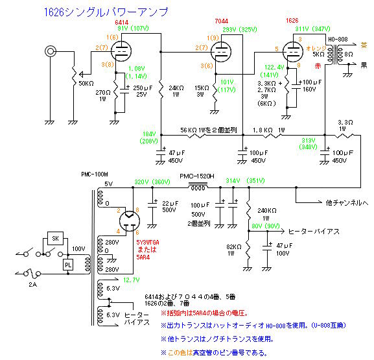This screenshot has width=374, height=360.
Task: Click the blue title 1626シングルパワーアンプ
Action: (x=106, y=12)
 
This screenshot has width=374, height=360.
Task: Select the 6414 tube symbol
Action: (x=121, y=51)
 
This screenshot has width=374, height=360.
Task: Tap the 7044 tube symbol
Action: (x=221, y=52)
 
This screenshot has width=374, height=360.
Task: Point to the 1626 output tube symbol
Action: (x=293, y=52)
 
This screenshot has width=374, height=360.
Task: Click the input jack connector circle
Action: (x=51, y=51)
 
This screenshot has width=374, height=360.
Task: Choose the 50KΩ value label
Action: (x=86, y=84)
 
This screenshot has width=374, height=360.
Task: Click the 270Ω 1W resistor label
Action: (x=103, y=95)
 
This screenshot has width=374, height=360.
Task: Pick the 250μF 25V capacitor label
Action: (x=143, y=91)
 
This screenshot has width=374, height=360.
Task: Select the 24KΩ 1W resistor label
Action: (x=176, y=91)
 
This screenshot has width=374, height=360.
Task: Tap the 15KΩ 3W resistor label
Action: (x=202, y=91)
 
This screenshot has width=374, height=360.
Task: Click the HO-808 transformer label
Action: (x=338, y=40)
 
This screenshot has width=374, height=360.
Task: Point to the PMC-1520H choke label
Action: (x=197, y=176)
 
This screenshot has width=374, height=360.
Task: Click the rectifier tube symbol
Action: (x=130, y=221)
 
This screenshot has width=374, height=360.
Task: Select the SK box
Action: (x=55, y=238)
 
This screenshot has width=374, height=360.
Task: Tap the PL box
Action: (x=68, y=265)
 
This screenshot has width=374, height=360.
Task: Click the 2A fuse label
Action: (x=32, y=285)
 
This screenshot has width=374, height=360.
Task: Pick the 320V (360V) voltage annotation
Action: (x=152, y=182)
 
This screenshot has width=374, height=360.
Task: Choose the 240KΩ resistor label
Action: (x=267, y=211)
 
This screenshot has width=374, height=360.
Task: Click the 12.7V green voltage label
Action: (x=132, y=280)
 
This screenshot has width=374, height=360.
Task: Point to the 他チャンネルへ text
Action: (x=347, y=203)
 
